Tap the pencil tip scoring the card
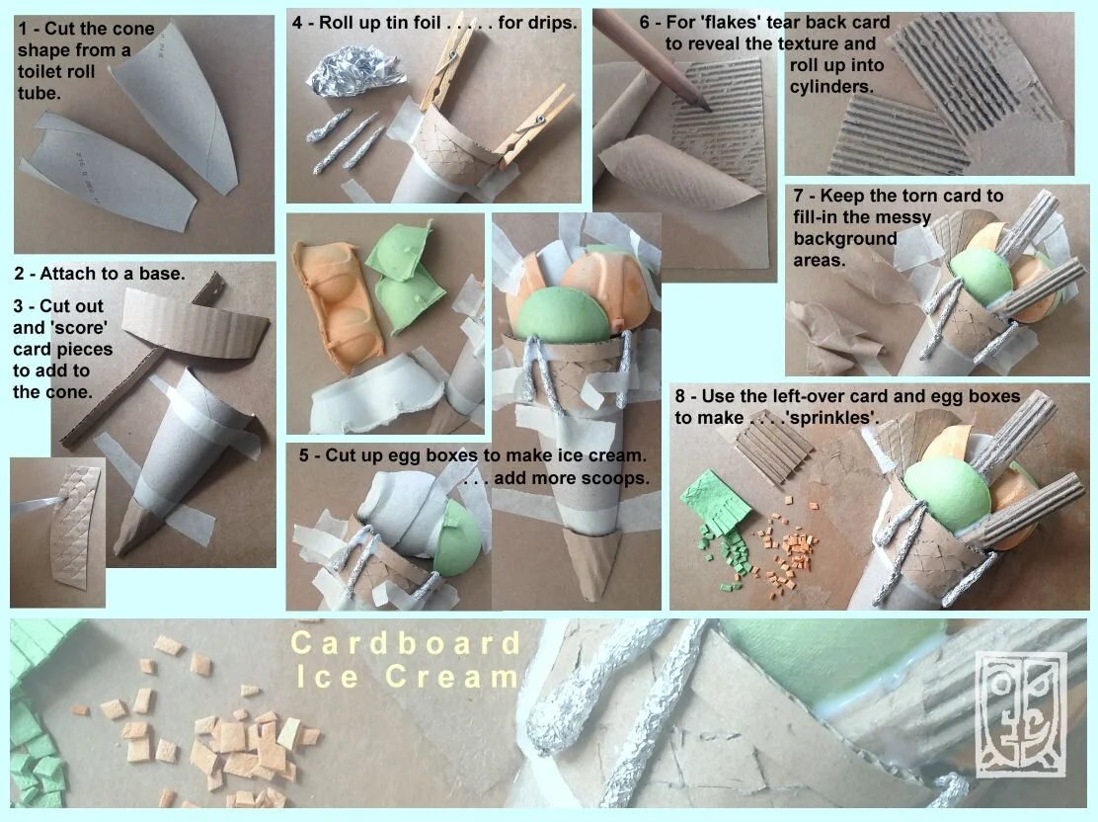point(707,108)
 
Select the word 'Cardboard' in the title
point(406,643)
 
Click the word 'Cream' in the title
point(451,677)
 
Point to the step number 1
point(23,29)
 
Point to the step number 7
point(799,197)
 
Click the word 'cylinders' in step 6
point(832,88)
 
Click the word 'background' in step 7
point(844,239)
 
